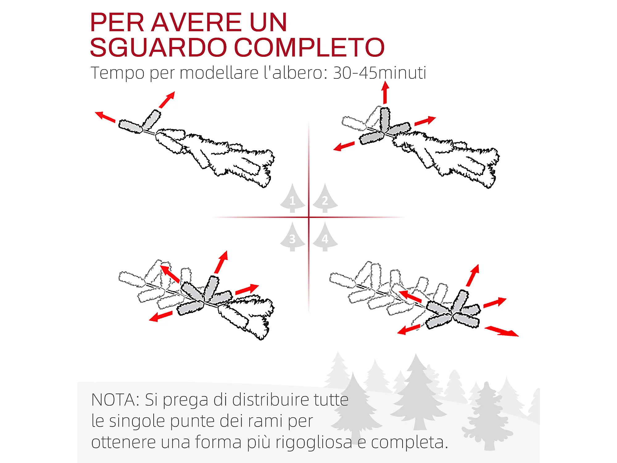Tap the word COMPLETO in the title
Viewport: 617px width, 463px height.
[x=309, y=47]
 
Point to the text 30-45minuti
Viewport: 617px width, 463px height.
[x=380, y=73]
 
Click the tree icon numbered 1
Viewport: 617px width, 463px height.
[x=292, y=198]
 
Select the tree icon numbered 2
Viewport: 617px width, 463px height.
[x=325, y=198]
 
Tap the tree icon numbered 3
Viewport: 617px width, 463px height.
[x=292, y=237]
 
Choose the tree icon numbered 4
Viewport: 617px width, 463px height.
[x=325, y=237]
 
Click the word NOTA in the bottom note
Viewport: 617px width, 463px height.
[x=116, y=400]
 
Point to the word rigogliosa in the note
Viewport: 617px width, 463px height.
[x=314, y=442]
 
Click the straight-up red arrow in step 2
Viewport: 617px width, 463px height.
[x=385, y=93]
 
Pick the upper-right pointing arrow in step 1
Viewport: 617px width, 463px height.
[x=167, y=100]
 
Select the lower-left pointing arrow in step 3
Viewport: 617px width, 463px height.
[x=161, y=316]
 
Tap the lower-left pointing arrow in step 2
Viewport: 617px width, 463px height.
[x=344, y=146]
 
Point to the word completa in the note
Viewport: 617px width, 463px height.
[x=409, y=443]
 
